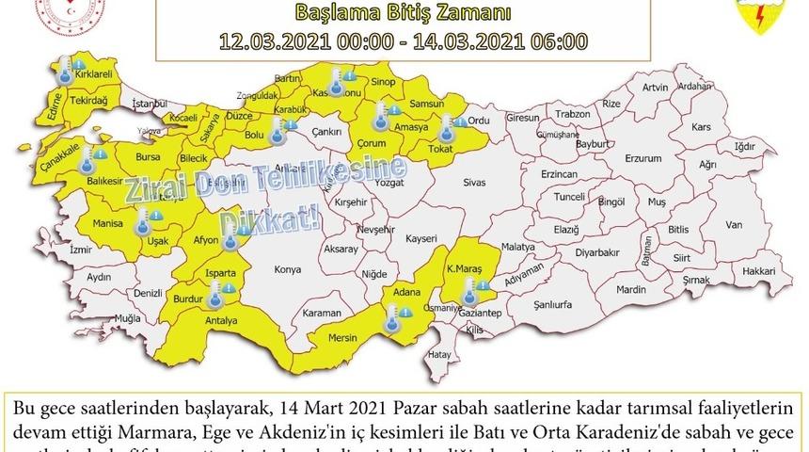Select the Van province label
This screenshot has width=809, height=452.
(735, 224)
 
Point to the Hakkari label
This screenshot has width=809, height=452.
(758, 270)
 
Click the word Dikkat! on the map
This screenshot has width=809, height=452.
(270, 218)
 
